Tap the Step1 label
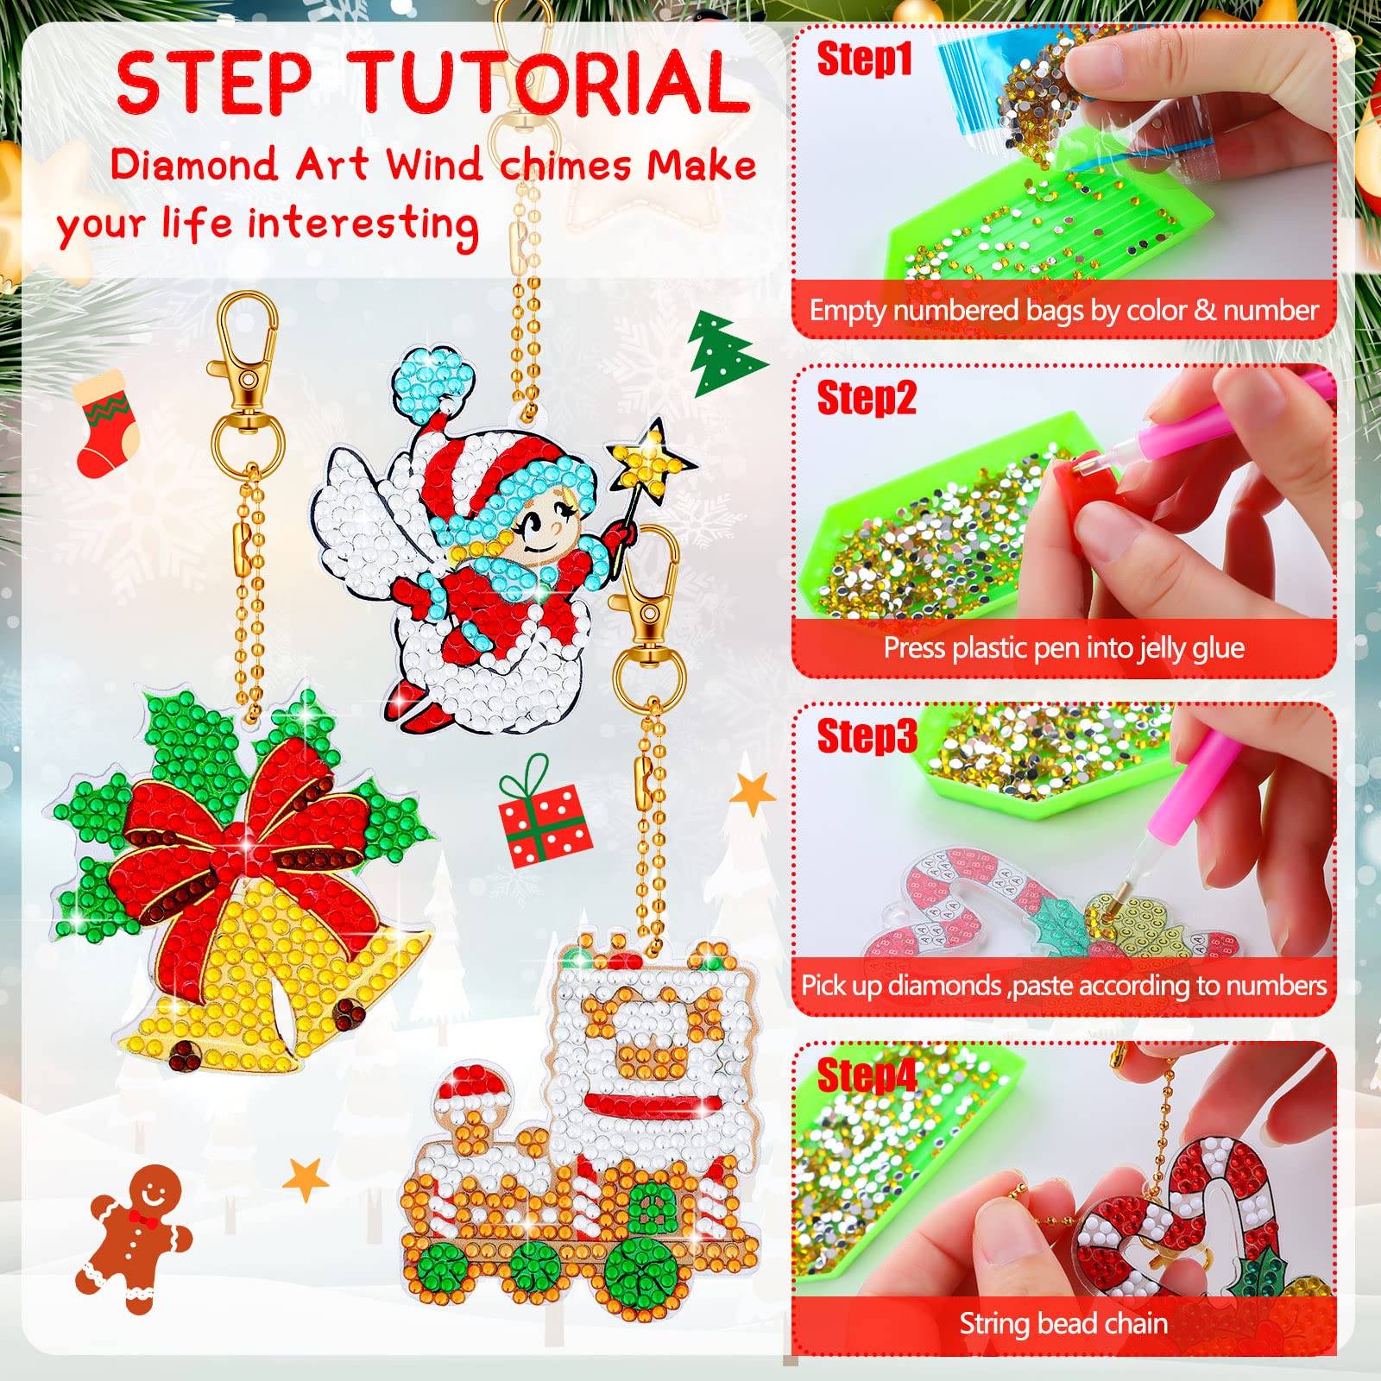[x=864, y=59]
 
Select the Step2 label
[x=867, y=398]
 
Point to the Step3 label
[x=867, y=736]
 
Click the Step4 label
[x=867, y=1075]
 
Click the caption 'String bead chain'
[x=1063, y=1323]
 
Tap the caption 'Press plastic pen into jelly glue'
[x=1063, y=647]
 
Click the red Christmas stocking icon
[x=105, y=423]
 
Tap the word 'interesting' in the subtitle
[x=363, y=225]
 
